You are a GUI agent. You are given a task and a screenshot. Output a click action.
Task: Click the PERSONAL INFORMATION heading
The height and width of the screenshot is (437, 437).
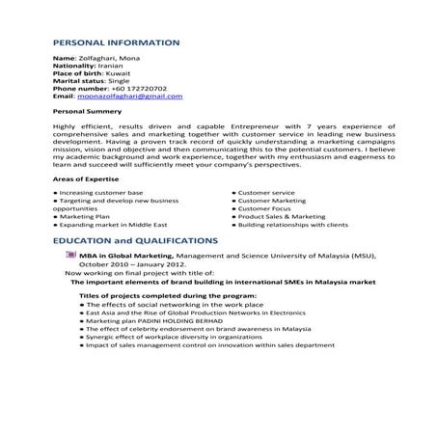point(115,43)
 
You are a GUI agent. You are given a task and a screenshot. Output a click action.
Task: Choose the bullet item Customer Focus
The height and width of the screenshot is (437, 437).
point(263,208)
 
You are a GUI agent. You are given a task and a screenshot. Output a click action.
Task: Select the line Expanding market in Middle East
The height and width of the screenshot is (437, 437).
point(110,225)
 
